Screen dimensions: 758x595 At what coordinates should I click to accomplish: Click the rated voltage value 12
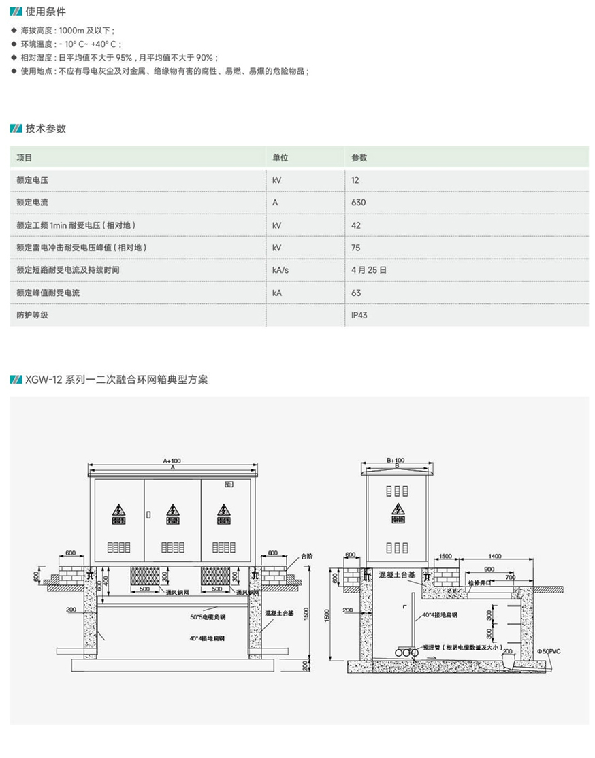[x=355, y=180]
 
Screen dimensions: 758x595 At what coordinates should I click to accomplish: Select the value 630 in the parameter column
[x=358, y=203]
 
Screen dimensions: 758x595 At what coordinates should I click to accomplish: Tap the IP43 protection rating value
[x=359, y=315]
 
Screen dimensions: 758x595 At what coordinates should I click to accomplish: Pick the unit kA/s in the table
[x=280, y=270]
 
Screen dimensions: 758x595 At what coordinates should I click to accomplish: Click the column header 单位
[x=280, y=158]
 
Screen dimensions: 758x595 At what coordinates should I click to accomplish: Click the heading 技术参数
[x=46, y=129]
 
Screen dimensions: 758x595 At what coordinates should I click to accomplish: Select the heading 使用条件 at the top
[x=46, y=12]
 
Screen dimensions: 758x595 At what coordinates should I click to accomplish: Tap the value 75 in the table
[x=355, y=248]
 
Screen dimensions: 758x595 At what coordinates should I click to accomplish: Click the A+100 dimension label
[x=172, y=461]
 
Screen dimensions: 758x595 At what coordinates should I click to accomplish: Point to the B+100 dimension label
[x=396, y=460]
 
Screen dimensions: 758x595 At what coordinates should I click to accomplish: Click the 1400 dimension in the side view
[x=494, y=557]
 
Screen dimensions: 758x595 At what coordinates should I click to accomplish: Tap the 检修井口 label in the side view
[x=479, y=584]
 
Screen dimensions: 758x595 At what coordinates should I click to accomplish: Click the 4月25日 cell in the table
[x=369, y=270]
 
